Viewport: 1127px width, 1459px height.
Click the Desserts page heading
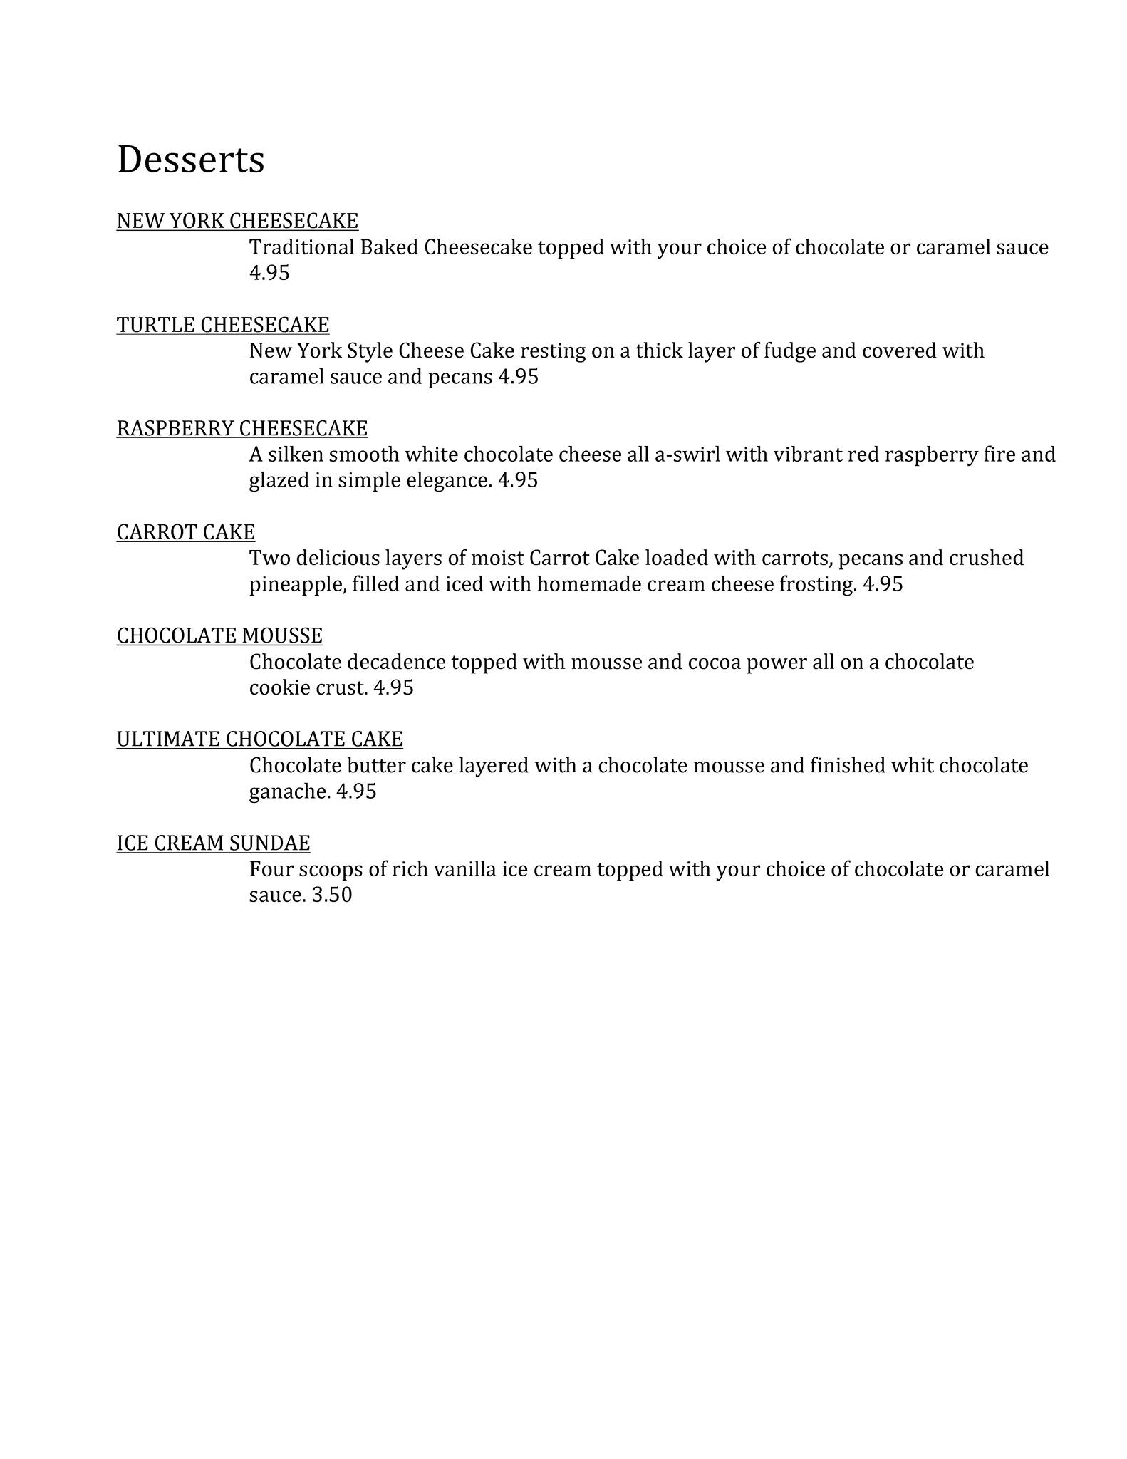190,160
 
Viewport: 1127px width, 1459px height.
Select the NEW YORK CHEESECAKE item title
237,221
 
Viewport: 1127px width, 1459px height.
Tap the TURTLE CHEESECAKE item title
223,325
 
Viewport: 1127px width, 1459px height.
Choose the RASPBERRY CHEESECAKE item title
242,428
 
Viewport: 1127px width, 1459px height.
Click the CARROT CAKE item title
186,532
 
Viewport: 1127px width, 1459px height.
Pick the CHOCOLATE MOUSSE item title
219,635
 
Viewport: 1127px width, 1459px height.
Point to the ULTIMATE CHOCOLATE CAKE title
259,739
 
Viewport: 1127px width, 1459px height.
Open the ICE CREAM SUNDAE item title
213,843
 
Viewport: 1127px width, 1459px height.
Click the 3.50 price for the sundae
332,895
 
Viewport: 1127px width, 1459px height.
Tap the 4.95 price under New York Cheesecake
269,273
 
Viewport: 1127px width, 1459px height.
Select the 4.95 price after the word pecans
518,376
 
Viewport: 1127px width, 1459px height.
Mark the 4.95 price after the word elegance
518,480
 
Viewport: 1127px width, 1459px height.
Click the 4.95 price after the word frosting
883,584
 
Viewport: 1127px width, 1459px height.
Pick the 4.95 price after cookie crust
393,687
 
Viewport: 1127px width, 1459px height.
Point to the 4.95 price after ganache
356,791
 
